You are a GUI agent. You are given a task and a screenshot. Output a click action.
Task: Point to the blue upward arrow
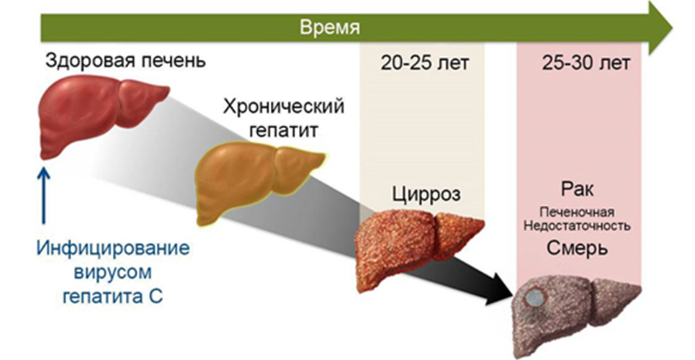[x=45, y=199]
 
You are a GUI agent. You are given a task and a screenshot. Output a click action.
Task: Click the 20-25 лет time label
[x=425, y=63]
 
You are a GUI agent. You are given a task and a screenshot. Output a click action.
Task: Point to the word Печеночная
[x=578, y=212]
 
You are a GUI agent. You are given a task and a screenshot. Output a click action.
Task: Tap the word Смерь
[x=578, y=248]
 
